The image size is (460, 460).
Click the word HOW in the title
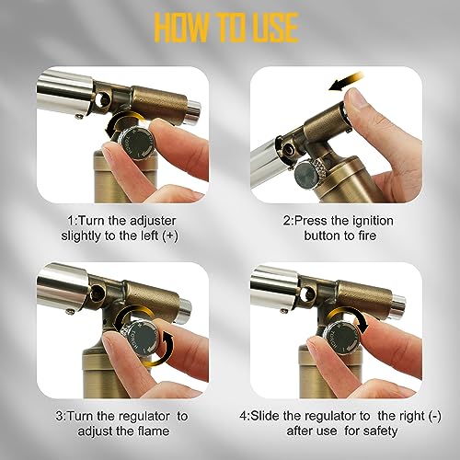pyautogui.click(x=181, y=28)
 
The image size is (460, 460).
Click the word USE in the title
pyautogui.click(x=272, y=28)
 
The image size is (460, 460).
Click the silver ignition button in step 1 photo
pyautogui.click(x=194, y=110)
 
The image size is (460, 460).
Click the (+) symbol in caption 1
pyautogui.click(x=169, y=236)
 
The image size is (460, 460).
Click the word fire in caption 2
pyautogui.click(x=366, y=236)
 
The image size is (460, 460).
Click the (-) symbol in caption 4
pyautogui.click(x=435, y=416)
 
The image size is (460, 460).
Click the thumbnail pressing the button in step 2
pyautogui.click(x=352, y=98)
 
